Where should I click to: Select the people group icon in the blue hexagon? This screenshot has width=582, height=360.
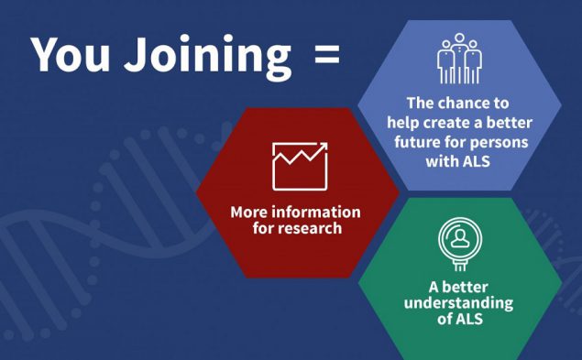458,60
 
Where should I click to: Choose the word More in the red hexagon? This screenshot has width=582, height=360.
248,213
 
